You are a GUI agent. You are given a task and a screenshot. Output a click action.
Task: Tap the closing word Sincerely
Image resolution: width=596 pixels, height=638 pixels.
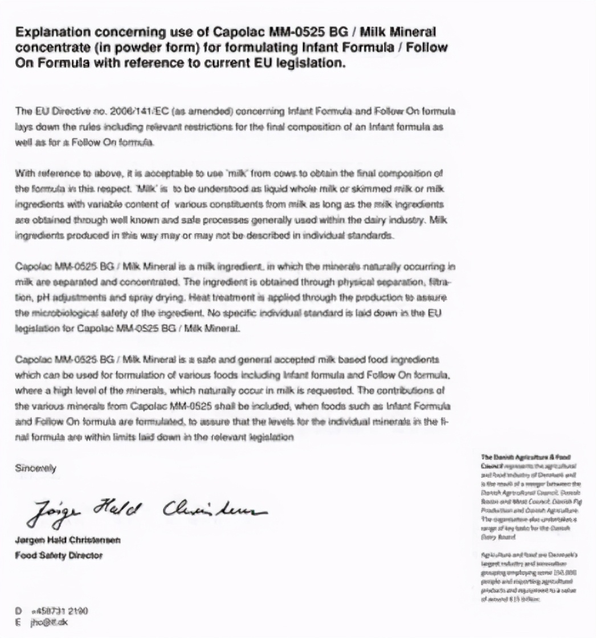(x=35, y=468)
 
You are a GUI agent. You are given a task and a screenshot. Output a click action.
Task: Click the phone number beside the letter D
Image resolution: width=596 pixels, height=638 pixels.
(x=59, y=611)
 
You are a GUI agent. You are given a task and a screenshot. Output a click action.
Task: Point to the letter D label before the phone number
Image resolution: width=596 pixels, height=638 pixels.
(x=18, y=611)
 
